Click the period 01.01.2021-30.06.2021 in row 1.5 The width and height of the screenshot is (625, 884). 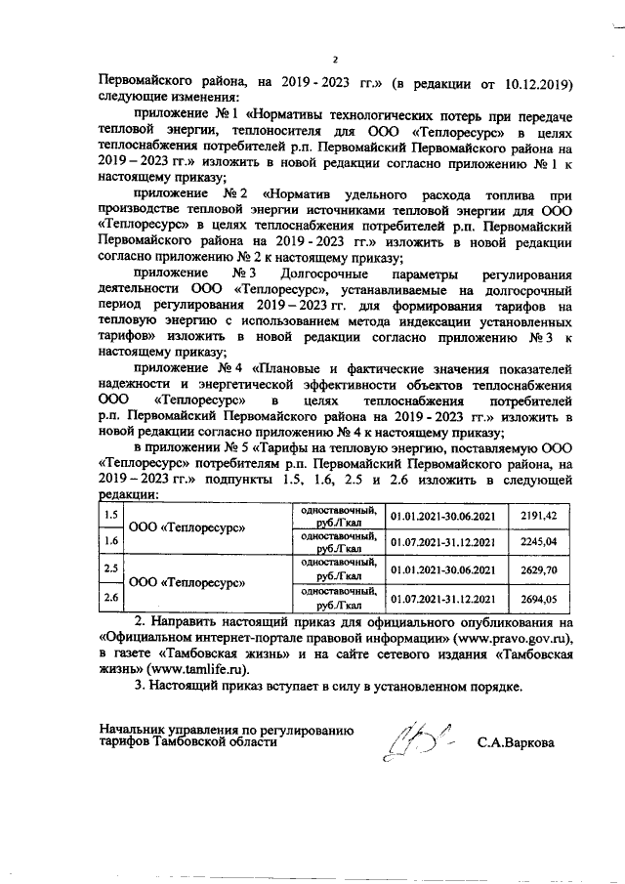pos(443,514)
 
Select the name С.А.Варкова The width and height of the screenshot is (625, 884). pos(516,742)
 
